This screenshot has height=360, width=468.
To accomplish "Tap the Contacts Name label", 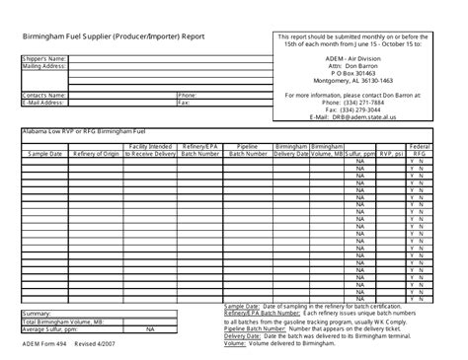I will point(40,95).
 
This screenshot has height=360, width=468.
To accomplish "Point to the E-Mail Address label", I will point(42,102).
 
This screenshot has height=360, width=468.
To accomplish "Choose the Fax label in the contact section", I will point(184,102).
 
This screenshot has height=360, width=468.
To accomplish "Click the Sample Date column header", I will point(45,155).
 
